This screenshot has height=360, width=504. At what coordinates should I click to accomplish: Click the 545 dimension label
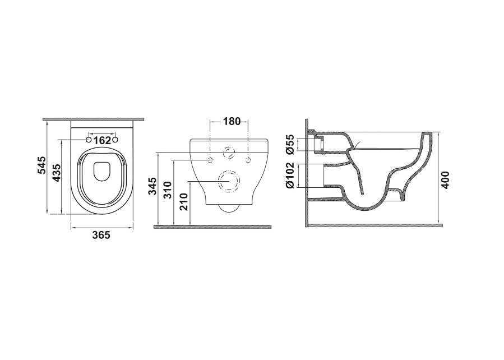(42, 165)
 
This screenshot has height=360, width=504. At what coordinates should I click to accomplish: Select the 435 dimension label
(56, 173)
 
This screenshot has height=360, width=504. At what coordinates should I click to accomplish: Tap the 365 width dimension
(101, 236)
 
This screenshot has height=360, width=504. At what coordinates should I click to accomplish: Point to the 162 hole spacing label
(102, 140)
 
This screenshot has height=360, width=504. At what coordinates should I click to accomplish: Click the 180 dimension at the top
(232, 121)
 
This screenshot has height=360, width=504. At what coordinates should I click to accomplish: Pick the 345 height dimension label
(152, 186)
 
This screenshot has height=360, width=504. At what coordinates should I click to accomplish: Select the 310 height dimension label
(168, 190)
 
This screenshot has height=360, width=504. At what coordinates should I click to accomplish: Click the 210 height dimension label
(184, 201)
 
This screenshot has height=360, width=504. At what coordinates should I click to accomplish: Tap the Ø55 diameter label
(290, 144)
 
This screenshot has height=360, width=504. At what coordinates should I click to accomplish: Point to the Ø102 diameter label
(290, 175)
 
